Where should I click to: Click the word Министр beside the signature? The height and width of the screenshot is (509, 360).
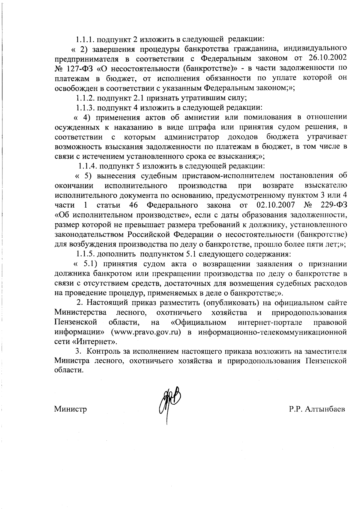(70, 409)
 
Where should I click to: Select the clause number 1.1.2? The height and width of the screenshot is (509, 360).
(85, 98)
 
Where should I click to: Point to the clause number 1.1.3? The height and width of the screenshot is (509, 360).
(85, 107)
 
